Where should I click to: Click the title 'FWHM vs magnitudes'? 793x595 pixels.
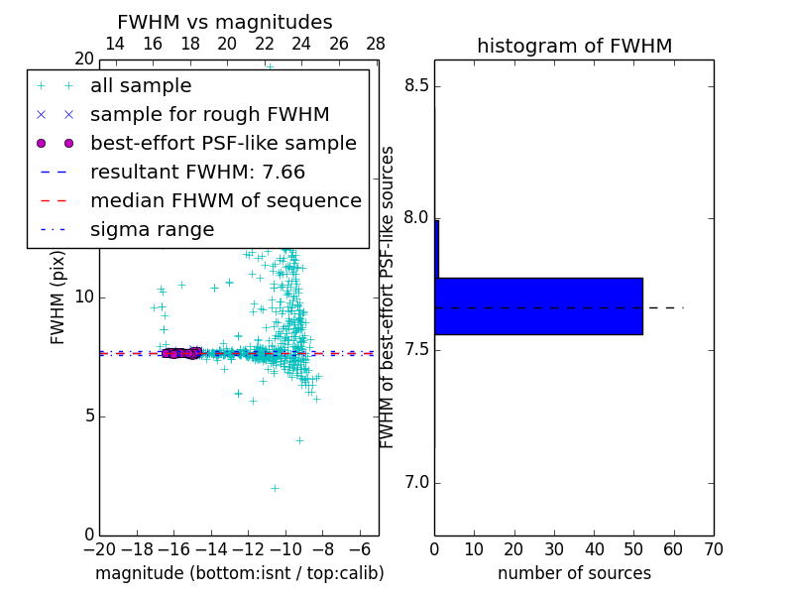tap(224, 23)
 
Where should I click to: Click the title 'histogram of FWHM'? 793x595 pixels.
tap(574, 46)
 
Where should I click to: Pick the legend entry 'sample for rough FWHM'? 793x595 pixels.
tap(209, 115)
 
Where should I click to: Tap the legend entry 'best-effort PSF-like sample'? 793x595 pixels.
tap(223, 144)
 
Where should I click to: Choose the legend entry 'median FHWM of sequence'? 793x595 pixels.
tap(225, 201)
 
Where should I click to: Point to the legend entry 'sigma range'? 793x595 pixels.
tap(152, 230)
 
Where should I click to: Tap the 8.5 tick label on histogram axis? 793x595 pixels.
tap(416, 86)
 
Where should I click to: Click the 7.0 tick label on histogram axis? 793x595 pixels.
tap(416, 483)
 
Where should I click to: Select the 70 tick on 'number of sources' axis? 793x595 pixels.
tap(713, 549)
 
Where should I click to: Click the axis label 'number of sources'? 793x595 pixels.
tap(574, 573)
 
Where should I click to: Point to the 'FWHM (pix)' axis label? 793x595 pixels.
tap(58, 297)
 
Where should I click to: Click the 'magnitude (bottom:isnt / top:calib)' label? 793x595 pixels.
tap(239, 573)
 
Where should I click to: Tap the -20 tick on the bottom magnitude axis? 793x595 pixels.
tap(99, 549)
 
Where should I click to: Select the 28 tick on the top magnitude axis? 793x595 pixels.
tap(376, 44)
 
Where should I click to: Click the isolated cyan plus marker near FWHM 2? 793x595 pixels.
tap(275, 488)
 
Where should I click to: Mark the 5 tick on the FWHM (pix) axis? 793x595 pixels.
tap(86, 416)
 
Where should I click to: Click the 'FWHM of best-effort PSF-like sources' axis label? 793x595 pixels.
tap(389, 297)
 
